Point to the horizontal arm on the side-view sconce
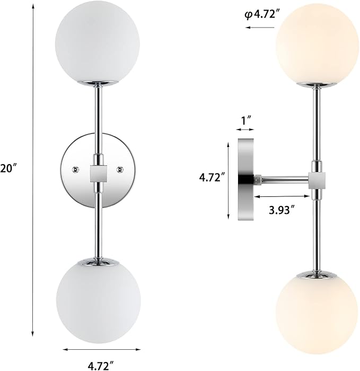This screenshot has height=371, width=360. pos(284,180)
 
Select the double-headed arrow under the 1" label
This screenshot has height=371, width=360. pos(245,130)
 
